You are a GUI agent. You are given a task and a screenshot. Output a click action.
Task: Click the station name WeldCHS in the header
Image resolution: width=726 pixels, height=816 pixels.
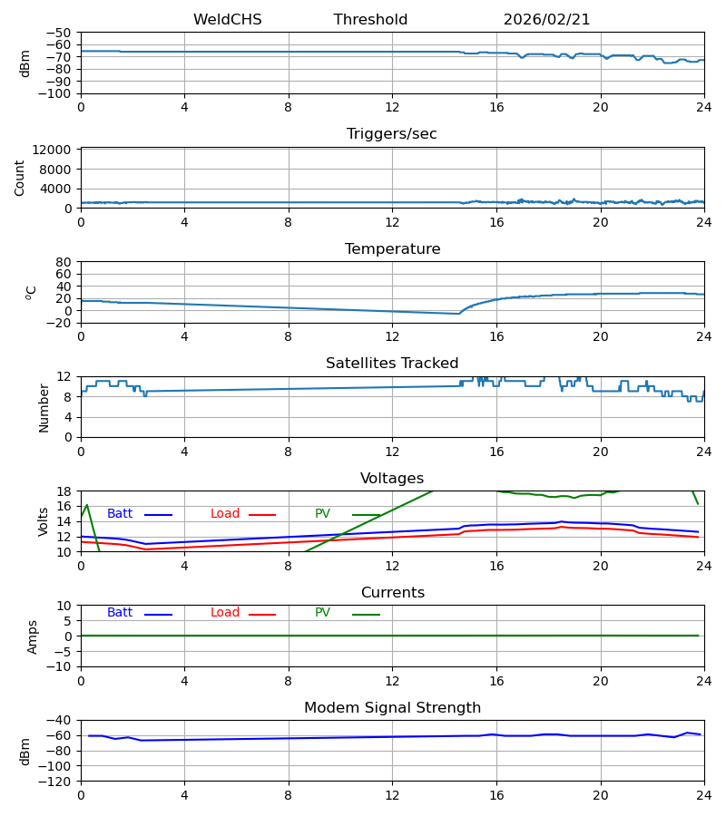227,20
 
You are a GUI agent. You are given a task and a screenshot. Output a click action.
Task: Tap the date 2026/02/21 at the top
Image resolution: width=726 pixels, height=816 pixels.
546,20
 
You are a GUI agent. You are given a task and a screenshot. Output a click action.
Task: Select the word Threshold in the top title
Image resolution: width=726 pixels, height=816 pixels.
370,20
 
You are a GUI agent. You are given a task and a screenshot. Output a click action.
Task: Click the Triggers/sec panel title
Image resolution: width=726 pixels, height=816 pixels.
392,134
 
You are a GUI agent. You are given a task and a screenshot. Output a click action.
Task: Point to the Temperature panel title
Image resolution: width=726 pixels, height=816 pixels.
392,249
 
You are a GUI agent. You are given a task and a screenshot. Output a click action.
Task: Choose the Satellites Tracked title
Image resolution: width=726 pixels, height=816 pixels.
392,364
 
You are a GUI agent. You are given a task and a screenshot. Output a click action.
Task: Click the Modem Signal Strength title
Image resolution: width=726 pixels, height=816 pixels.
392,708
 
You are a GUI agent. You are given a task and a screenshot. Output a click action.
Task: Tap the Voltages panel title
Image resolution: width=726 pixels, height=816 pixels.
392,479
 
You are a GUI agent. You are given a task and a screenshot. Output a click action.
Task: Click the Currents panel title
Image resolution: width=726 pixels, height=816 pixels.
392,593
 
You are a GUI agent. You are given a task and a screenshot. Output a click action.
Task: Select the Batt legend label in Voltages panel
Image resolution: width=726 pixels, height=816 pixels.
120,514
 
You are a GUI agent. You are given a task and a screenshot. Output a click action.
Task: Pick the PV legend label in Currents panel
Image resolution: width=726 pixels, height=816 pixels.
322,613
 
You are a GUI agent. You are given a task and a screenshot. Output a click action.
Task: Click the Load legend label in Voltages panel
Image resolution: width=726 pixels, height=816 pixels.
225,514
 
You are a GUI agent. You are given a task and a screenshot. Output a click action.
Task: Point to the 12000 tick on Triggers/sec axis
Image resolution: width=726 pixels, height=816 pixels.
54,150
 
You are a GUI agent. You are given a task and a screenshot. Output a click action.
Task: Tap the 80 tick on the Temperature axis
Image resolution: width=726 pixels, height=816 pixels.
64,262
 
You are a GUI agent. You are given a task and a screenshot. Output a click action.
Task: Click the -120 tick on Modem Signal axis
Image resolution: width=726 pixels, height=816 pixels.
56,781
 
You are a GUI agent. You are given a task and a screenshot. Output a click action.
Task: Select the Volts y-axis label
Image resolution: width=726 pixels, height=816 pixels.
44,521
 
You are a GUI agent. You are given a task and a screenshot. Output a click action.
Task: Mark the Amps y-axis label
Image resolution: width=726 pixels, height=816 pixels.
33,636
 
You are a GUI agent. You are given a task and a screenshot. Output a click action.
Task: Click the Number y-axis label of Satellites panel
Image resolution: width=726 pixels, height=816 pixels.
44,407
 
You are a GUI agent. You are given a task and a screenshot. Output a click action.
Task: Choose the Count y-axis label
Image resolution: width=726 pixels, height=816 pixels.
20,178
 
